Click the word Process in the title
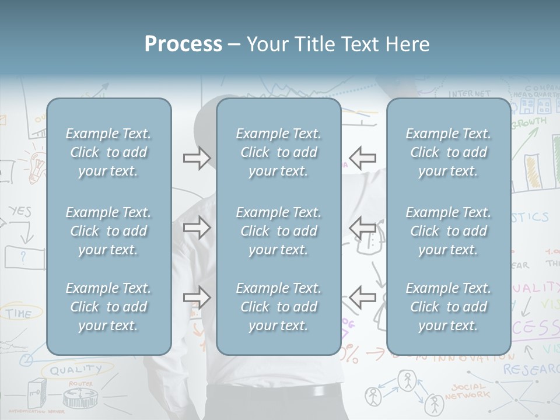click(x=183, y=44)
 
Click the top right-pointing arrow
click(x=197, y=158)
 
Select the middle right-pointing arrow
click(x=197, y=228)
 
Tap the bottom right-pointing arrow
click(x=197, y=297)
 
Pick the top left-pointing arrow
click(x=363, y=158)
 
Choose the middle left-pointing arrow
click(x=363, y=228)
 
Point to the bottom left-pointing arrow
click(x=363, y=297)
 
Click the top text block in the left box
click(x=108, y=152)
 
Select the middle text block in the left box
click(x=108, y=231)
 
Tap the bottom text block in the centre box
click(x=278, y=307)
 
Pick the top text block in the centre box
click(x=278, y=152)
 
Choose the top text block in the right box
click(x=448, y=152)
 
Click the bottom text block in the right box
click(x=448, y=307)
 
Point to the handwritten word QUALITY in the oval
click(x=75, y=369)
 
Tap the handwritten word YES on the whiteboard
click(x=20, y=211)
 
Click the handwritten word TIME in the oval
click(x=19, y=314)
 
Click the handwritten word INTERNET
click(x=470, y=93)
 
